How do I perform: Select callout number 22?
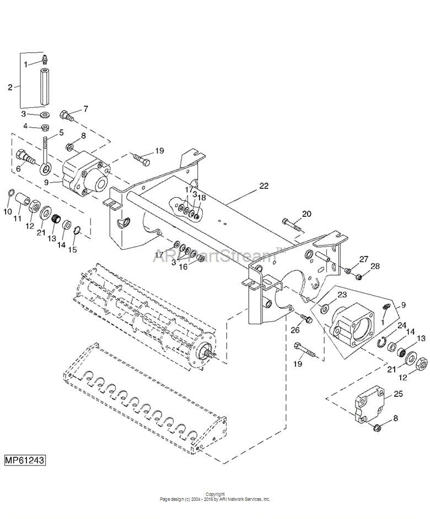264,186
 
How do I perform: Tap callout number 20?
307,214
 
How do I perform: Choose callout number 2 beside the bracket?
10,86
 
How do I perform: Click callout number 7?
85,108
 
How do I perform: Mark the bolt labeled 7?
67,116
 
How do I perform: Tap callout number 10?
7,211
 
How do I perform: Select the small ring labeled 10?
10,193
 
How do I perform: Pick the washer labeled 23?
325,305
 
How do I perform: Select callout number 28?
375,266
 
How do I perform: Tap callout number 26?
295,330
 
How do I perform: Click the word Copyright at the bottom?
214,494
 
